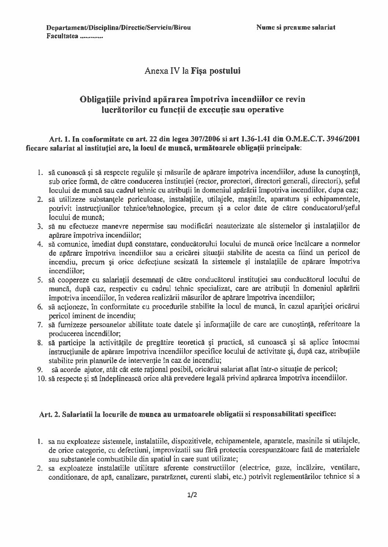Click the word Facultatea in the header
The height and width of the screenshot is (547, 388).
[x=61, y=37]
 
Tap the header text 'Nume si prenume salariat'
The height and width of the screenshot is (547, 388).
[x=296, y=27]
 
